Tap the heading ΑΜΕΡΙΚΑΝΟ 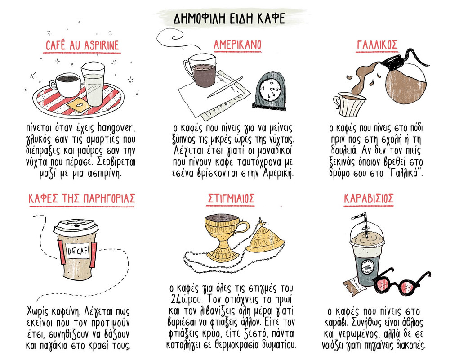(x=237, y=45)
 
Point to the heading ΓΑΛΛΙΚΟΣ (x=377, y=45)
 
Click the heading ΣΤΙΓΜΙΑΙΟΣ (x=232, y=198)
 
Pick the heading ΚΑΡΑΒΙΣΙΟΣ (x=375, y=198)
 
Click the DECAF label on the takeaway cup (x=75, y=251)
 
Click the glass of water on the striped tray (x=93, y=85)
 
